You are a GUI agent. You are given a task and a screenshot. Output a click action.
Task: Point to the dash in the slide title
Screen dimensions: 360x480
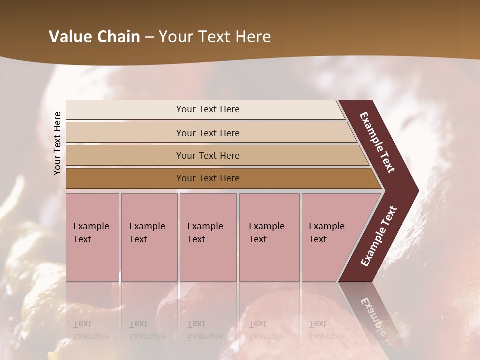(x=149, y=37)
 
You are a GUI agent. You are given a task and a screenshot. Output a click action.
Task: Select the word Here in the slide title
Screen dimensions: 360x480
(x=253, y=37)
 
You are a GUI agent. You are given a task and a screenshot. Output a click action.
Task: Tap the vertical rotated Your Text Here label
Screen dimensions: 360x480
(x=57, y=143)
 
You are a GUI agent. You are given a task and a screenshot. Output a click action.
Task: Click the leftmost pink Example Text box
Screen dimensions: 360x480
(x=92, y=237)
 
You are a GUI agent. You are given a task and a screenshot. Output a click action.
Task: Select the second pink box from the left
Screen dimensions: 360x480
(x=149, y=237)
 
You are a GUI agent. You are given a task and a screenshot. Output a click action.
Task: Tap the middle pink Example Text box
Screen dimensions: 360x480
(x=208, y=237)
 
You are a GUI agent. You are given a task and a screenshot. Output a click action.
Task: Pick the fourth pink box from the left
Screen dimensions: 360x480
(x=269, y=237)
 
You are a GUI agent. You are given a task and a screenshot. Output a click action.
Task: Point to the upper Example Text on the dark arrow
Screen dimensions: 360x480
(x=378, y=142)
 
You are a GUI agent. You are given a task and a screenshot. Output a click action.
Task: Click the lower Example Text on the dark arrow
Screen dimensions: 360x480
(x=379, y=236)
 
